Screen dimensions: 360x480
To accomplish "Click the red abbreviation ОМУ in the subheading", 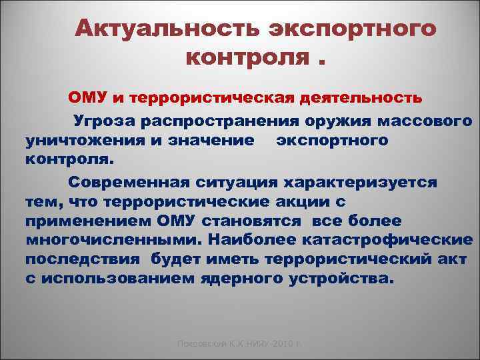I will [x=87, y=98].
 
